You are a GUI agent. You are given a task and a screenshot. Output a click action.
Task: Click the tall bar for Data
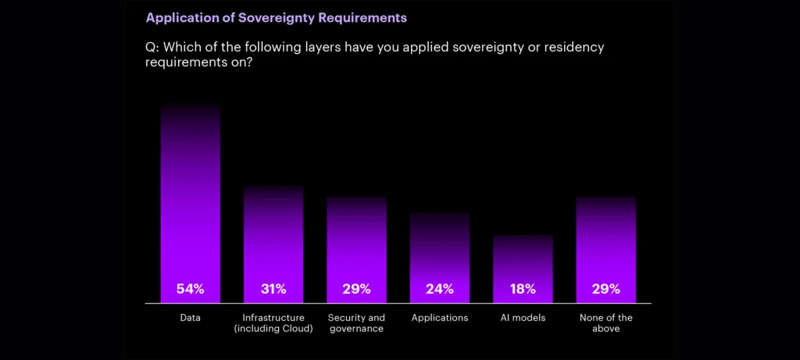[x=191, y=204]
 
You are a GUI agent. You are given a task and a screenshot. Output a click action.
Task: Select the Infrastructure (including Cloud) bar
[x=273, y=244]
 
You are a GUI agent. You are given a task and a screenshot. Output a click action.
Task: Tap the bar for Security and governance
[x=356, y=249]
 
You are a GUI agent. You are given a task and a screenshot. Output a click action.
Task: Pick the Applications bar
[x=440, y=258]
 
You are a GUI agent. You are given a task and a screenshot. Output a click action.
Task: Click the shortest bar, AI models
[x=523, y=269]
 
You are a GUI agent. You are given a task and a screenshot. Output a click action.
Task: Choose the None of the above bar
[x=606, y=249]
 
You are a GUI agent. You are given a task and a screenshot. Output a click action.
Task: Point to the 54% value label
[x=191, y=289]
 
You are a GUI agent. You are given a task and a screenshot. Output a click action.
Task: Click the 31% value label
[x=273, y=289]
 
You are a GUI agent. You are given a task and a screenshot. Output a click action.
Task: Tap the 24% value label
[x=440, y=289]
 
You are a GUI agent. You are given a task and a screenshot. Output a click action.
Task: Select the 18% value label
[x=523, y=289]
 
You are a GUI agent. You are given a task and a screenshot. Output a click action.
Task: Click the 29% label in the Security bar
[x=356, y=289]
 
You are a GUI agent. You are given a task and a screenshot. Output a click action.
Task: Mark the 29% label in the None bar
[x=606, y=289]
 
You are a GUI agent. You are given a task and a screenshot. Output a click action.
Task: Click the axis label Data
[x=191, y=318]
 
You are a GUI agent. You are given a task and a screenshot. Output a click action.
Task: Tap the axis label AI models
[x=523, y=318]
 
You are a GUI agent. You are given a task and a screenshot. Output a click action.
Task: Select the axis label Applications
[x=440, y=318]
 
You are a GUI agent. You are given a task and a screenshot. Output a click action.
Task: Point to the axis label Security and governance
[x=356, y=323]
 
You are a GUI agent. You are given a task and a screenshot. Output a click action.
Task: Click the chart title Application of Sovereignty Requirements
[x=277, y=19]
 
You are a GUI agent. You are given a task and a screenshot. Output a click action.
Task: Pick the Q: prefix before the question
[x=152, y=48]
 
